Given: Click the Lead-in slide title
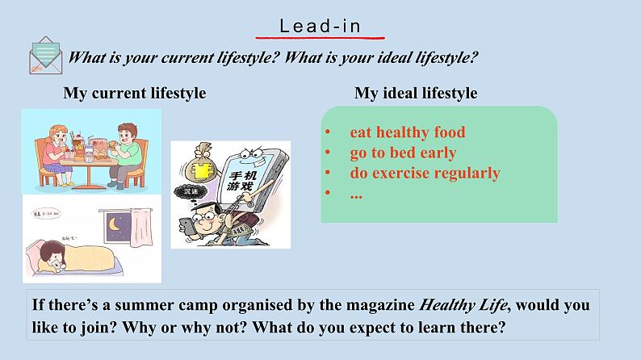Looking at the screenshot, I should (x=320, y=26).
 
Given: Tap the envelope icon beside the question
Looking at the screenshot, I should (x=47, y=56).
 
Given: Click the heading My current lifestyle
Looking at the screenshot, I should (x=135, y=93).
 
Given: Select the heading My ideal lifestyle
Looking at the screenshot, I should (x=416, y=93).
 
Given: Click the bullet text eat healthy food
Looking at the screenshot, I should (x=407, y=132).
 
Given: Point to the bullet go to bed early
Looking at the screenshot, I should (x=403, y=153).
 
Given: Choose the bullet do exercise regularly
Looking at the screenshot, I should (x=425, y=173).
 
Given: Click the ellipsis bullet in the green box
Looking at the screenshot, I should (x=356, y=193).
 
